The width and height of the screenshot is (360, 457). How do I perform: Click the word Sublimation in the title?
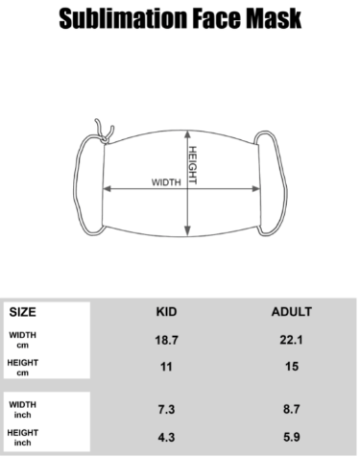tap(123, 18)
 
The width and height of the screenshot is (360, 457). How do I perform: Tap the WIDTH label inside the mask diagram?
tap(166, 182)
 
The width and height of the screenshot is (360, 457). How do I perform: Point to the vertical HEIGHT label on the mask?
tap(192, 165)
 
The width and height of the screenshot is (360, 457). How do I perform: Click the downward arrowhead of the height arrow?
tap(187, 230)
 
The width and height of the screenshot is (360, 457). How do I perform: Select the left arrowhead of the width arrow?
tap(107, 189)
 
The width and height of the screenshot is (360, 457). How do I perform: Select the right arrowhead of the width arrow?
tap(256, 189)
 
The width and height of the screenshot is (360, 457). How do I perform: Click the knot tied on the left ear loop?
tap(104, 139)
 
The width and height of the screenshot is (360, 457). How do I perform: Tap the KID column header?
tap(166, 312)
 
